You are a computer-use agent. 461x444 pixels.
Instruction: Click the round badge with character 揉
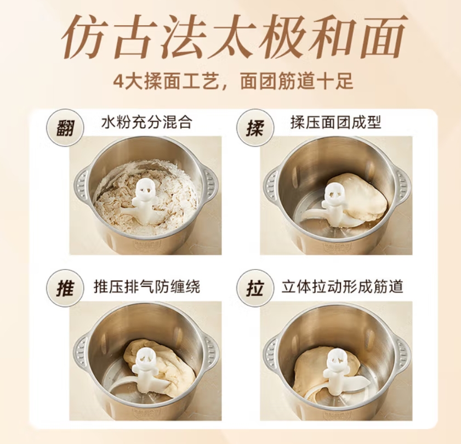(x=255, y=128)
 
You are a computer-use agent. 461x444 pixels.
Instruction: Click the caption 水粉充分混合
(x=146, y=122)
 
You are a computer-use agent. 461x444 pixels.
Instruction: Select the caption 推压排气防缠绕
(x=146, y=286)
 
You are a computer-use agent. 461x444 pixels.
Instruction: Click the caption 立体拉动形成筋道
(x=343, y=286)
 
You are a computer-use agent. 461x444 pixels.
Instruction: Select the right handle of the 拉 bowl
(x=403, y=351)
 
